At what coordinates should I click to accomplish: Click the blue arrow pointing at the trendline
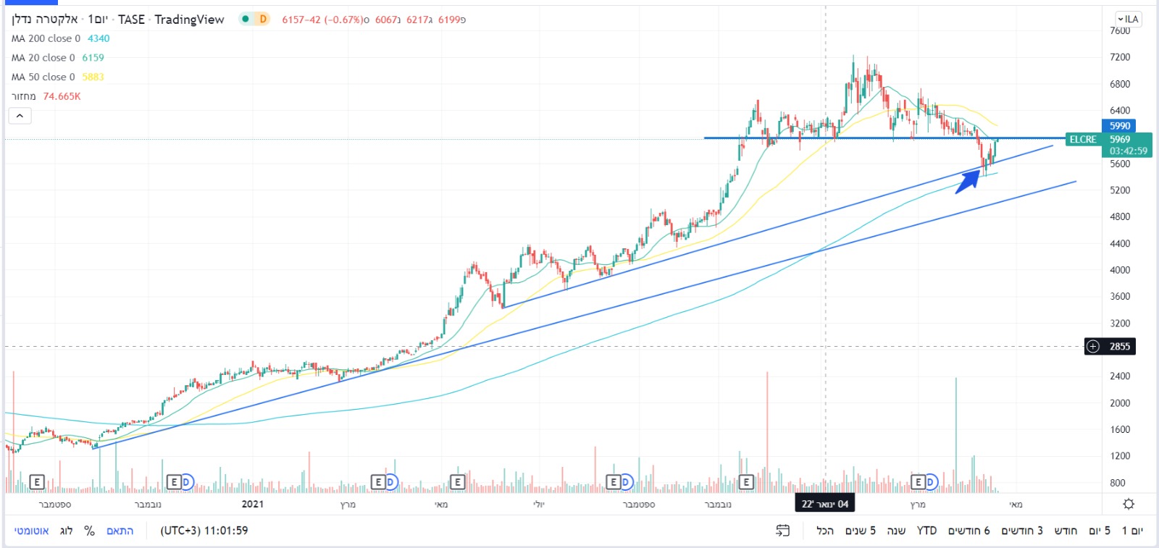pyautogui.click(x=968, y=182)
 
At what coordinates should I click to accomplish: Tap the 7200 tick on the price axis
pyautogui.click(x=1119, y=57)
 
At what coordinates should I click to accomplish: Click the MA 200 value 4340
pyautogui.click(x=99, y=38)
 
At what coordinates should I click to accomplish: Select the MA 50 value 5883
pyautogui.click(x=93, y=77)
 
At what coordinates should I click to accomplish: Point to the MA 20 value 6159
pyautogui.click(x=93, y=58)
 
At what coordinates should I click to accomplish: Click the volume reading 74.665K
pyautogui.click(x=62, y=96)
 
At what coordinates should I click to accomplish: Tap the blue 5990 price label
pyautogui.click(x=1119, y=126)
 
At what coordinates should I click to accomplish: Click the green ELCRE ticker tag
pyautogui.click(x=1083, y=140)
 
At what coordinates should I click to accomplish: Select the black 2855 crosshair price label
pyautogui.click(x=1119, y=346)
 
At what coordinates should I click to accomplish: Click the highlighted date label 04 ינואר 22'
pyautogui.click(x=824, y=504)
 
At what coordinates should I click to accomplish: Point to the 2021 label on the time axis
pyautogui.click(x=252, y=504)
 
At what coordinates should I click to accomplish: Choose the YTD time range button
pyautogui.click(x=926, y=531)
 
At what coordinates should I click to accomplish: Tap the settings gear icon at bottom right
pyautogui.click(x=1128, y=504)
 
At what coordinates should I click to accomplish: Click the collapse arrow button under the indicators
pyautogui.click(x=20, y=116)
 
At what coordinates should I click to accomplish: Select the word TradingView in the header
pyautogui.click(x=189, y=20)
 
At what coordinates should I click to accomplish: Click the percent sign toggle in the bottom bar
pyautogui.click(x=89, y=531)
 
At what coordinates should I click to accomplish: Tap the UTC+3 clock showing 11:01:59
pyautogui.click(x=204, y=531)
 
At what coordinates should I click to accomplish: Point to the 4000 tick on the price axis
pyautogui.click(x=1119, y=270)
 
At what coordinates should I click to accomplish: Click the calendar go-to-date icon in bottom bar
pyautogui.click(x=782, y=531)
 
